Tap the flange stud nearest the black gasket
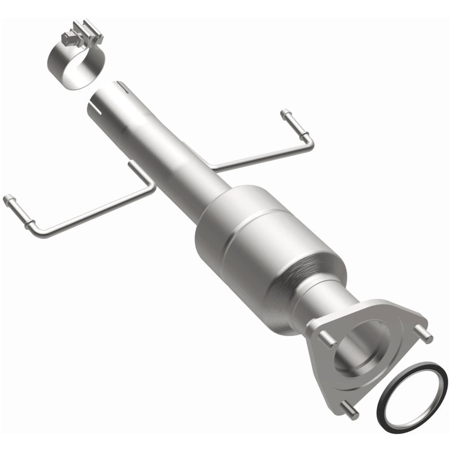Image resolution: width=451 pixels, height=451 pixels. pos(425,335)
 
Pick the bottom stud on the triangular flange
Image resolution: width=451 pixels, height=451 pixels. pos(350,412)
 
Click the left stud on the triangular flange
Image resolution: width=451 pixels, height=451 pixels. pos(326,338)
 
